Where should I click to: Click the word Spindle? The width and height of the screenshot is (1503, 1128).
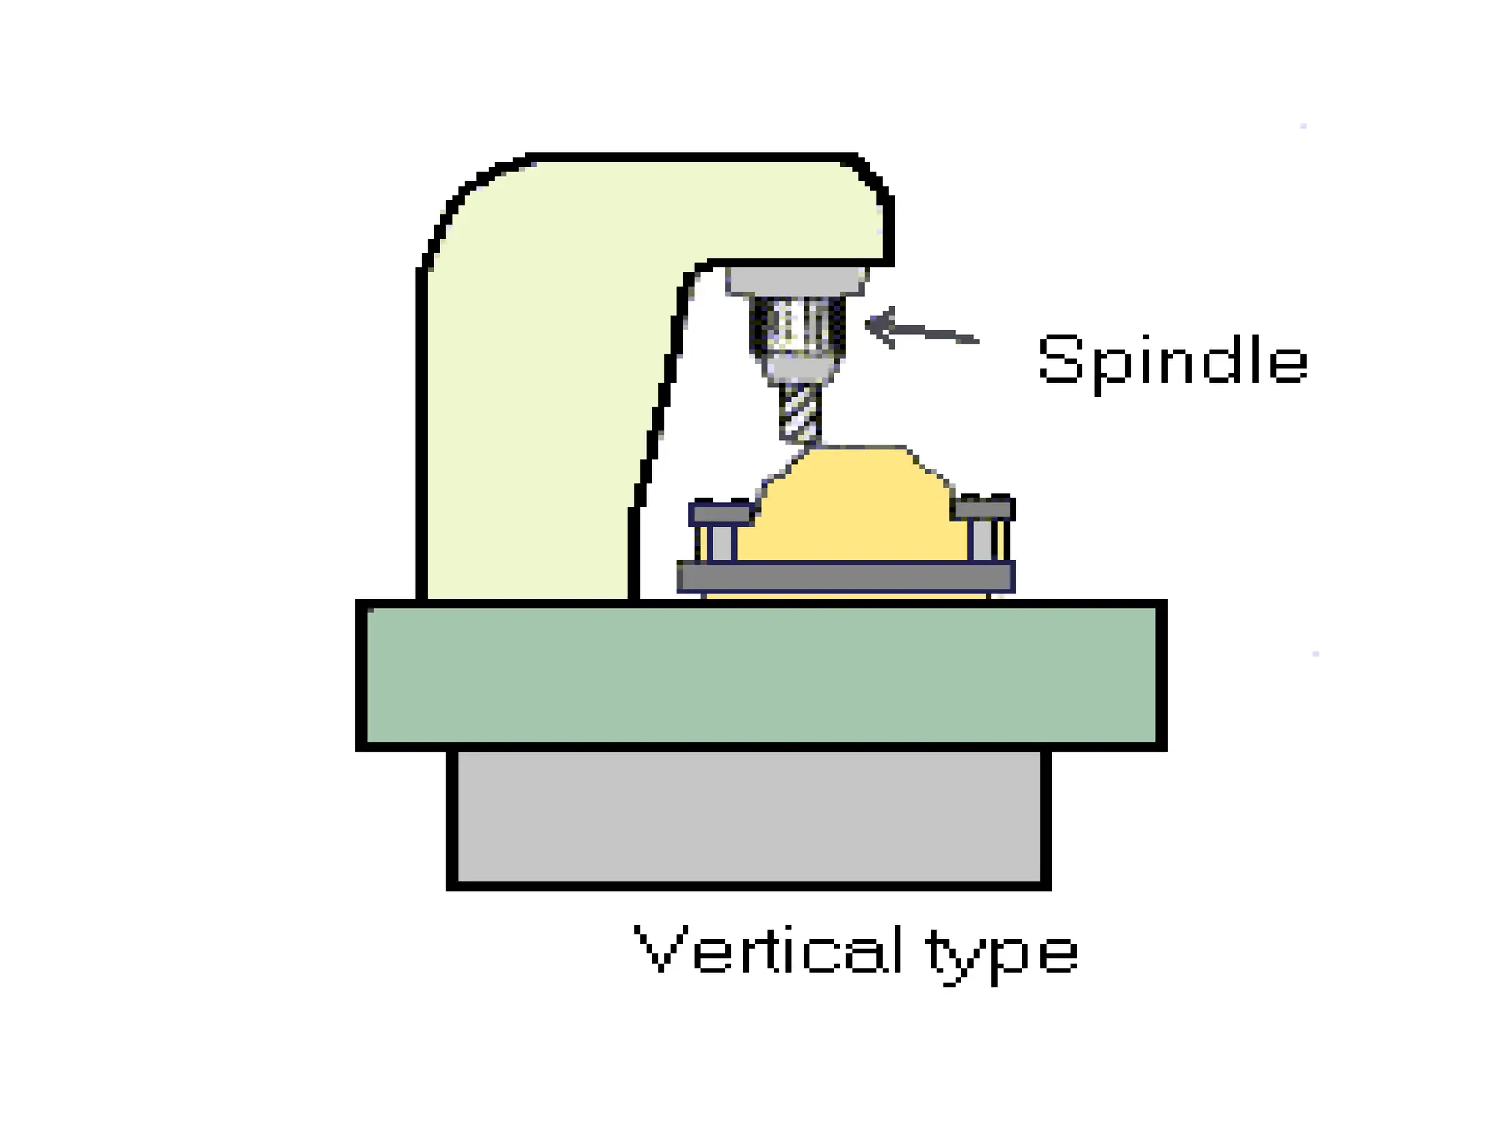tap(1172, 361)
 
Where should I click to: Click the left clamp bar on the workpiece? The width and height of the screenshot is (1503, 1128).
tap(722, 513)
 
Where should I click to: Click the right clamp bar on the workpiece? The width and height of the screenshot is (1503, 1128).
tap(983, 508)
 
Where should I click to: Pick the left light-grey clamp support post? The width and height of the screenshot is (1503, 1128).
tap(722, 543)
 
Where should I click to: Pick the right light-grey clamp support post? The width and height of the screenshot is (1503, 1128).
tap(982, 541)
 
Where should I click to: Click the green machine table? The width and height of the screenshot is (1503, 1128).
tap(760, 674)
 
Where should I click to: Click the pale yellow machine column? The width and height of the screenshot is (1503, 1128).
tap(528, 441)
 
